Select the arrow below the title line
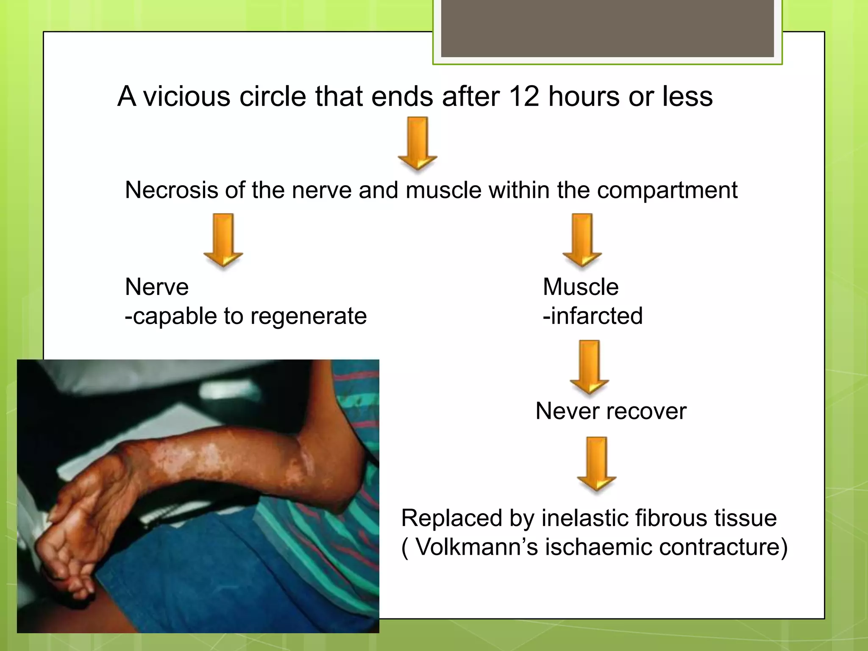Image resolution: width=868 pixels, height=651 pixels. (x=417, y=143)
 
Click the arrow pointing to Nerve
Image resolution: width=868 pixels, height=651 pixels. (x=223, y=240)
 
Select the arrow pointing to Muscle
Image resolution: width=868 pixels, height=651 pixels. (x=582, y=240)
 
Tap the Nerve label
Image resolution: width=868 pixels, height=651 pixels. (x=156, y=287)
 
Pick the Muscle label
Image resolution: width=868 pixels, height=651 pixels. (x=580, y=287)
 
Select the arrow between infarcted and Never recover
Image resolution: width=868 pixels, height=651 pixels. (x=589, y=367)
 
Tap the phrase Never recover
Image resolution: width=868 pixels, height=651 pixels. (x=610, y=411)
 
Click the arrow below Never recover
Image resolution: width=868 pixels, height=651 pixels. (x=596, y=463)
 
